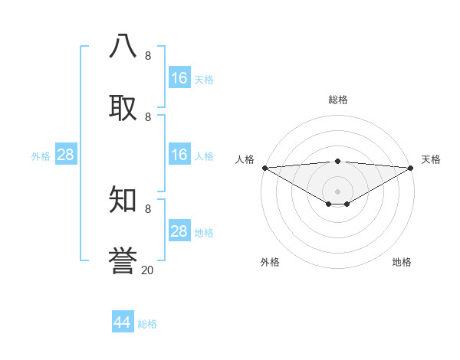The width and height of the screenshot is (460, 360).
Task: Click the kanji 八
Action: coord(123,46)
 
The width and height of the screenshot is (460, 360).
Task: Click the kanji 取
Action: coord(123,107)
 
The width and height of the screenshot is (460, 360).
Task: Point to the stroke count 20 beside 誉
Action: coord(148,270)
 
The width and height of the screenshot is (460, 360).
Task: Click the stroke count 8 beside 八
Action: coord(148,56)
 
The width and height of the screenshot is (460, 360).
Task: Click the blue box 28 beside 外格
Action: coord(66,155)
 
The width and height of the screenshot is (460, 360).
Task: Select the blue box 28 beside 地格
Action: coord(179,231)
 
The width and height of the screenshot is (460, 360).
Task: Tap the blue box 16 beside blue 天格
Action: coord(179,78)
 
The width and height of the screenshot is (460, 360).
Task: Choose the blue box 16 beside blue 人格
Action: coord(179,155)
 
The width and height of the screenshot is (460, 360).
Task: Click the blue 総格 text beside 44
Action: coord(147,324)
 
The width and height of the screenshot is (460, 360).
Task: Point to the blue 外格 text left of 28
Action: coord(41,156)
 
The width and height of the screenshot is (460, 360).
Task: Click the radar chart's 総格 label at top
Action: coord(337,100)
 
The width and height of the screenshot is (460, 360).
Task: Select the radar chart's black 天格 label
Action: coord(431,159)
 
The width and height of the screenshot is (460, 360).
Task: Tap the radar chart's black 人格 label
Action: coord(245,159)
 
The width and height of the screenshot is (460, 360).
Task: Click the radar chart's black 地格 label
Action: coord(402,262)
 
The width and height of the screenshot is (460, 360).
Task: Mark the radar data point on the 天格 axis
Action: coord(412,168)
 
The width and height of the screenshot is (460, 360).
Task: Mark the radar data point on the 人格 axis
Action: coord(264,168)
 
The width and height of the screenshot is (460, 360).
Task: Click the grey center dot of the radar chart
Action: coord(337,191)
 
